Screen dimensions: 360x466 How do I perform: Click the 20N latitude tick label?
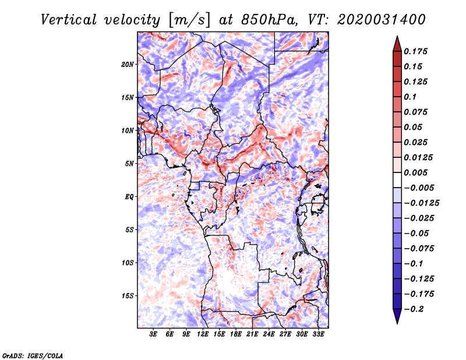coord(128,64)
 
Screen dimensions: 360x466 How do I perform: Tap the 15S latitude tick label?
coord(128,296)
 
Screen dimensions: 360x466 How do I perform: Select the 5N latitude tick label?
coord(129,164)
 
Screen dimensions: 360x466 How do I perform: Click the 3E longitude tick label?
coord(154,335)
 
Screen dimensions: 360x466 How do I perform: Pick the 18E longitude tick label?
coord(236,335)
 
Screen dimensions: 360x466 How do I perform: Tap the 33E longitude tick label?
coord(318,335)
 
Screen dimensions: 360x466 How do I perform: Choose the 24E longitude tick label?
coord(269,335)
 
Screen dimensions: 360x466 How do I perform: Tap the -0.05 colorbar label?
coord(416,234)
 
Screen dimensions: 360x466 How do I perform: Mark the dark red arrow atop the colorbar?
coord(396,43)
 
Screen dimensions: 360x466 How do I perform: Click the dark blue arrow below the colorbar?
coord(396,317)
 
